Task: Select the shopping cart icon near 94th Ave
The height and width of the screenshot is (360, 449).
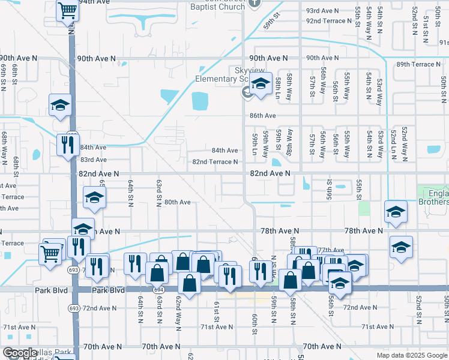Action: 68,10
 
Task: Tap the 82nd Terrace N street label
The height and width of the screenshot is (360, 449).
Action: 215,162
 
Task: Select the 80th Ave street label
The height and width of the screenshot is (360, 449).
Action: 177,202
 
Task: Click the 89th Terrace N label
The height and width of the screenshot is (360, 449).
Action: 418,64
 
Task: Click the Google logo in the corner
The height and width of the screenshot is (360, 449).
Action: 20,353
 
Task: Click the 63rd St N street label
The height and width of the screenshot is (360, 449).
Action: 159,190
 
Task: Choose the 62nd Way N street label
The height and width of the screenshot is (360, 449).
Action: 178,307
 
